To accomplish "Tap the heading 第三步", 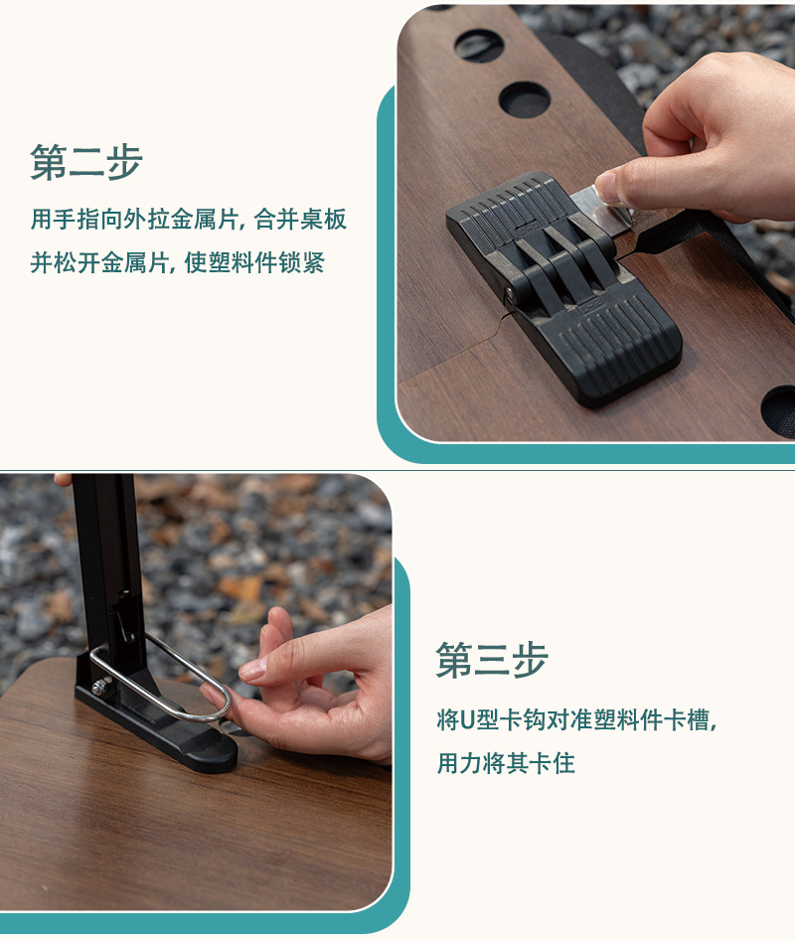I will [492, 661].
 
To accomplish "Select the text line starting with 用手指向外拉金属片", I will [189, 220].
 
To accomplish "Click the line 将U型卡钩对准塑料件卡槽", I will [576, 719].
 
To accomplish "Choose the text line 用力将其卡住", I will [506, 763].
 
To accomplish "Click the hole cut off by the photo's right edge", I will [780, 410].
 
